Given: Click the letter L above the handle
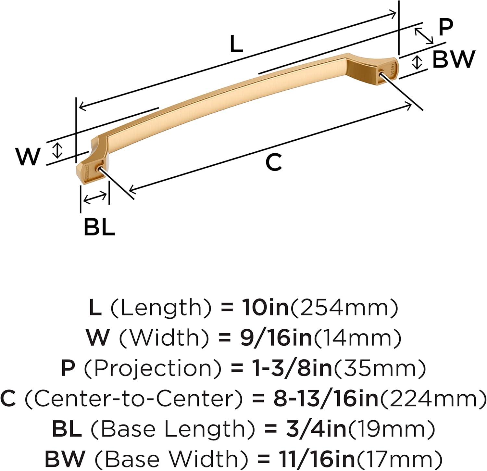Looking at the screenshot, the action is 236,44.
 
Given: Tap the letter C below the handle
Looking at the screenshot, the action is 273,162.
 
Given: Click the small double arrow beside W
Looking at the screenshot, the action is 57,150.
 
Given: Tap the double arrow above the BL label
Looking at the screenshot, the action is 95,197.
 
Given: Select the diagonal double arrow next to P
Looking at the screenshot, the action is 424,36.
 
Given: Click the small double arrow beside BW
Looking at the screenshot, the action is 418,62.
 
